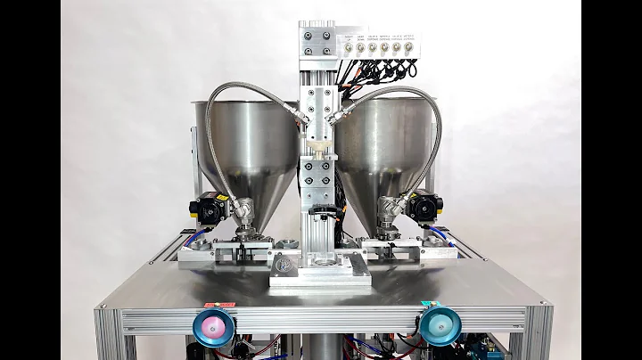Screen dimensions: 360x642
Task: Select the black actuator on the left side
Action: [208, 210]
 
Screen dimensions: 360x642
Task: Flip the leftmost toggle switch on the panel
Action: [350, 44]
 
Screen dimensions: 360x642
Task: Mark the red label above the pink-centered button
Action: [217, 305]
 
